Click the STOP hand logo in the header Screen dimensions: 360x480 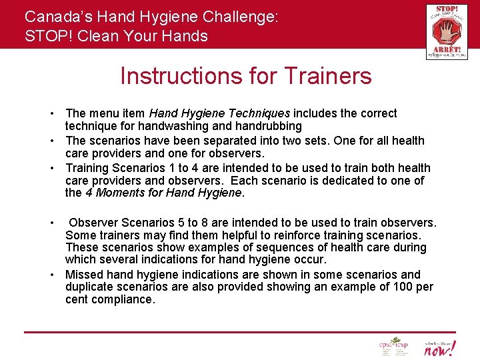tap(446, 31)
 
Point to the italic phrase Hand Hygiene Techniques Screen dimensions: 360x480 tap(219, 113)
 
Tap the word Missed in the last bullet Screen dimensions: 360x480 tap(85, 274)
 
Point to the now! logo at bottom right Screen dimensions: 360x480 tap(440, 347)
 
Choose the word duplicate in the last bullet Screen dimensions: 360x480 tap(91, 287)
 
